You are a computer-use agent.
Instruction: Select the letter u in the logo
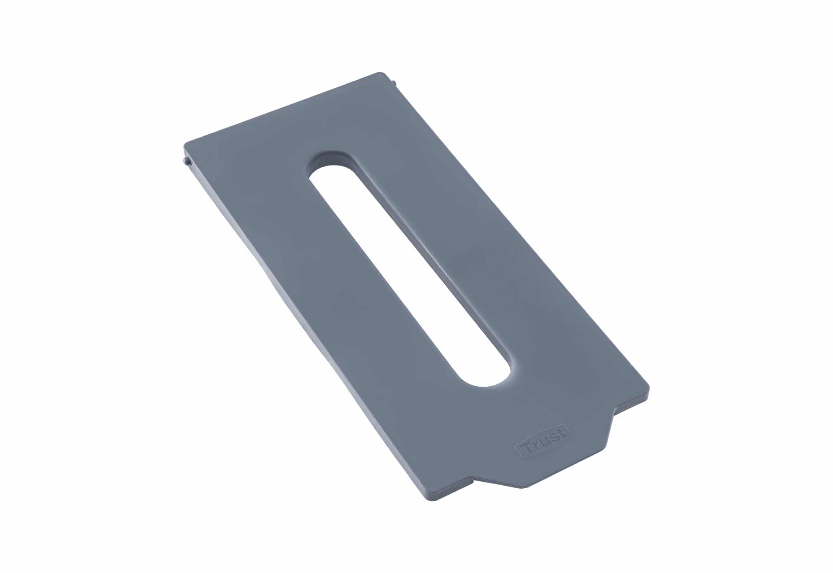pos(544,442)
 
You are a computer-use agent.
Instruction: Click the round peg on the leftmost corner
pos(188,162)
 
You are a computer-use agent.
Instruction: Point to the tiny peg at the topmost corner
pos(394,83)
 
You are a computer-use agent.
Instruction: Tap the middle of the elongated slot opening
pos(407,269)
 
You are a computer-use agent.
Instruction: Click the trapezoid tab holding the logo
pos(545,456)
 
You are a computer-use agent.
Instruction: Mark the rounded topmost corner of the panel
pos(382,74)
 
